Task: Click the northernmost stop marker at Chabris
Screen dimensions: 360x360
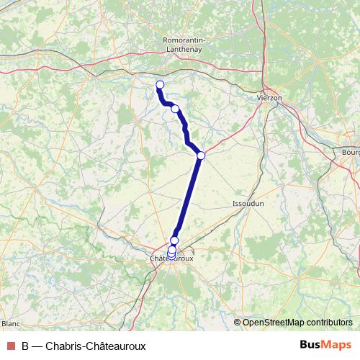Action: pos(160,85)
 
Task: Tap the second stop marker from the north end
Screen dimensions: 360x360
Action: pos(175,109)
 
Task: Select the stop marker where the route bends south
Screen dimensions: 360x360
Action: pos(201,156)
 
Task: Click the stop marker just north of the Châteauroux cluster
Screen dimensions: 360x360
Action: pos(174,240)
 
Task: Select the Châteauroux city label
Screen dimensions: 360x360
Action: pos(171,258)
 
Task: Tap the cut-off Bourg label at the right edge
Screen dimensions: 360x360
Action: pos(351,153)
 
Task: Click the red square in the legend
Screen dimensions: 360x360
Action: pos(10,346)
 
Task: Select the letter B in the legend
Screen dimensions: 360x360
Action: pos(25,346)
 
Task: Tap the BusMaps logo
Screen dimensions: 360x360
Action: pos(325,345)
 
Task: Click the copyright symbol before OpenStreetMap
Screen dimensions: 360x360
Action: pos(238,322)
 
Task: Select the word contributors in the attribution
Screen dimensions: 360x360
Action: pos(328,322)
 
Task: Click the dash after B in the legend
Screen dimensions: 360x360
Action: pos(37,346)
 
